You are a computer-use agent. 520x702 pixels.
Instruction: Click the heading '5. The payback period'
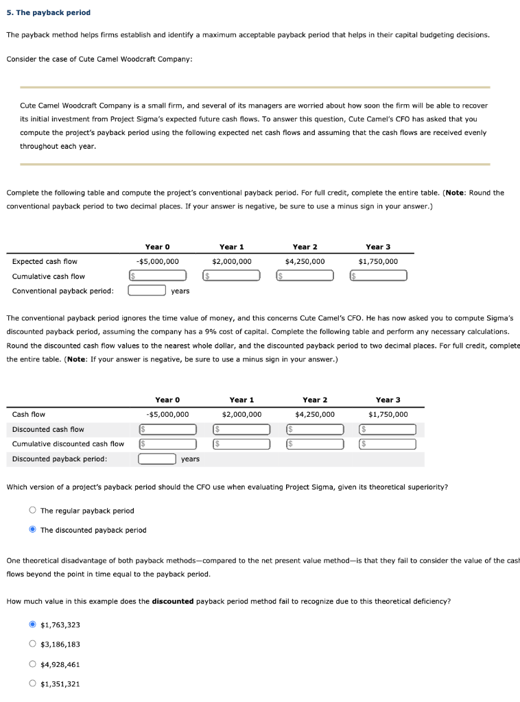(48, 12)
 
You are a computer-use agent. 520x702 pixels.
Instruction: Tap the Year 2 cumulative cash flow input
(307, 276)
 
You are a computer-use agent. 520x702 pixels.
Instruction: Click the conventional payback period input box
(147, 290)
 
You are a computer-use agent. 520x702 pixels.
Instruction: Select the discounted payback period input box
(158, 459)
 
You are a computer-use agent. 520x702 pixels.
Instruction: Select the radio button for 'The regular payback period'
(32, 511)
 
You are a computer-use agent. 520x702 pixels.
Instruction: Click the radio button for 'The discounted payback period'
(32, 530)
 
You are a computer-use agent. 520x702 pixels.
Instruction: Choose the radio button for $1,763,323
(32, 625)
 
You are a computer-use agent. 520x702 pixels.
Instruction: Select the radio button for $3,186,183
(32, 644)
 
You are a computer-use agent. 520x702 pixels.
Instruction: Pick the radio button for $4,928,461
(32, 664)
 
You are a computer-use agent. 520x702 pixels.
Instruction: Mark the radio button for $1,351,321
(32, 683)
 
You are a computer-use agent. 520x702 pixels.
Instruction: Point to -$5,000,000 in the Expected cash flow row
(157, 261)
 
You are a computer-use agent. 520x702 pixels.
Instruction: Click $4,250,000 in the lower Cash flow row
(315, 414)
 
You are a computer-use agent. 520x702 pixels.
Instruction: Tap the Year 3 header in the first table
(378, 247)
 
